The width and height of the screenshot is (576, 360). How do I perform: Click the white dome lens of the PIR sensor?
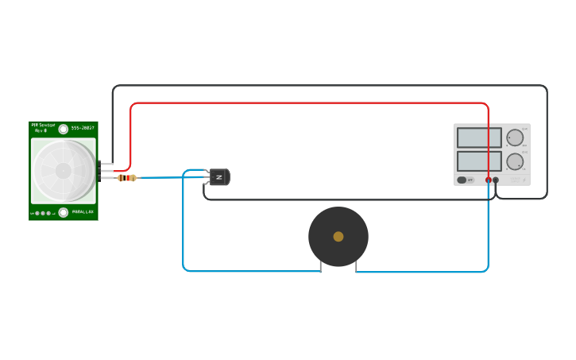click(x=63, y=170)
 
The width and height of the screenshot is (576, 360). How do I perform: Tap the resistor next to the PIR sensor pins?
click(x=126, y=178)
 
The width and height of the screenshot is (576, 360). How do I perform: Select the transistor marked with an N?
click(x=219, y=177)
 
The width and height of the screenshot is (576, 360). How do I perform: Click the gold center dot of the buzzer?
click(x=338, y=236)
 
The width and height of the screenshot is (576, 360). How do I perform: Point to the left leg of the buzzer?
click(x=320, y=266)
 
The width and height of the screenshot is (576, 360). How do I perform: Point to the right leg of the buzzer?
click(x=356, y=266)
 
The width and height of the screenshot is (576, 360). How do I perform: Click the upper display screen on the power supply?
click(x=479, y=137)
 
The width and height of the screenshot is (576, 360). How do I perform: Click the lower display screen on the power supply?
click(x=479, y=161)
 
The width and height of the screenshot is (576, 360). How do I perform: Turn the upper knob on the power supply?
click(x=516, y=137)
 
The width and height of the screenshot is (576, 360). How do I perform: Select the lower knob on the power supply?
click(x=516, y=161)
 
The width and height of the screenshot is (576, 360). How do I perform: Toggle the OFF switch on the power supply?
click(x=462, y=180)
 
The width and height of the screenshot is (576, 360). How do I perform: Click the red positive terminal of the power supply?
click(x=489, y=180)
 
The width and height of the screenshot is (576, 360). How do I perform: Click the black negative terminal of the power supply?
click(x=496, y=180)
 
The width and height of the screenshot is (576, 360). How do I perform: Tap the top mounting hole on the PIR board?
click(x=64, y=129)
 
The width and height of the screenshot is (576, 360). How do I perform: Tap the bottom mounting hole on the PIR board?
click(x=64, y=212)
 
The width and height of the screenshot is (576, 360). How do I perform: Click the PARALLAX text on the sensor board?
click(x=83, y=212)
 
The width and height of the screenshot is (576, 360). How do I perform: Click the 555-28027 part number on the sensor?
click(x=83, y=128)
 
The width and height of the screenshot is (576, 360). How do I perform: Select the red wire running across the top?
click(x=310, y=103)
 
